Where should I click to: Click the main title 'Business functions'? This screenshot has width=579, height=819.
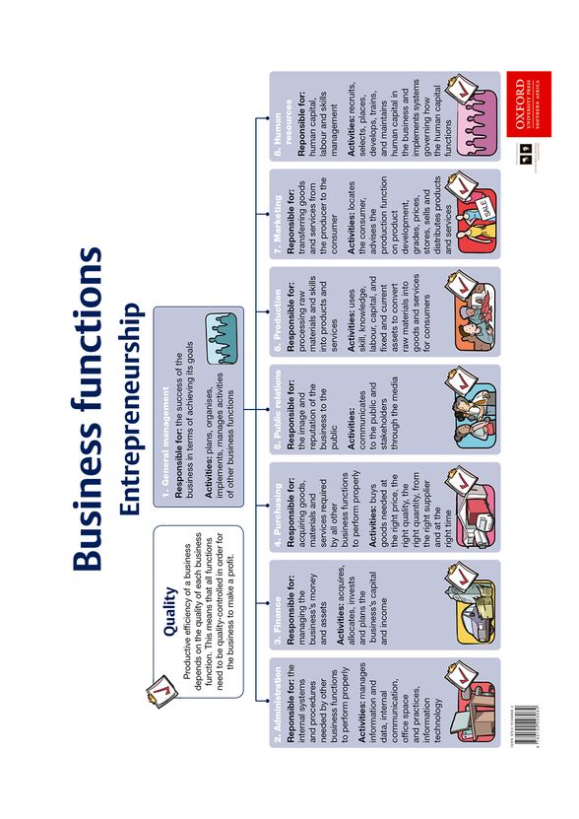(88, 407)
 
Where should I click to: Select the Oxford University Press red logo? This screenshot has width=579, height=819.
(521, 107)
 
